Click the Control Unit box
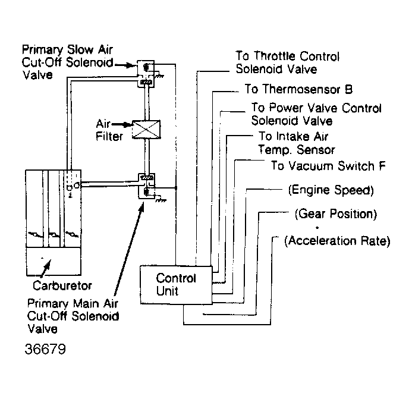175,284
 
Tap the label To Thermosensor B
298,89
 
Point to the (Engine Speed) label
330,190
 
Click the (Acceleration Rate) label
336,241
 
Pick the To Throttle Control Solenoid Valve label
288,62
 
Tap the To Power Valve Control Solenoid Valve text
315,114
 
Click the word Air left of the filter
105,125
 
